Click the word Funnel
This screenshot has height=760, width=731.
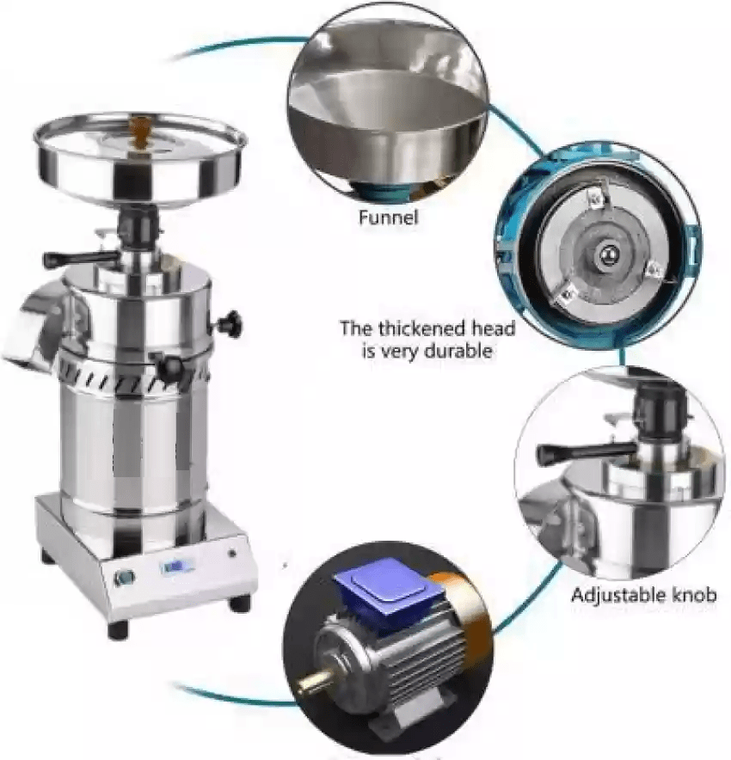click(388, 217)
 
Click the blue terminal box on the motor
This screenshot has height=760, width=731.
click(390, 585)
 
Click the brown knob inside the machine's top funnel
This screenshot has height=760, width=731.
click(139, 131)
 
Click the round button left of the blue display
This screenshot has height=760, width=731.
click(124, 576)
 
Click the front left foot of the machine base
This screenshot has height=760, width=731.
click(118, 628)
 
